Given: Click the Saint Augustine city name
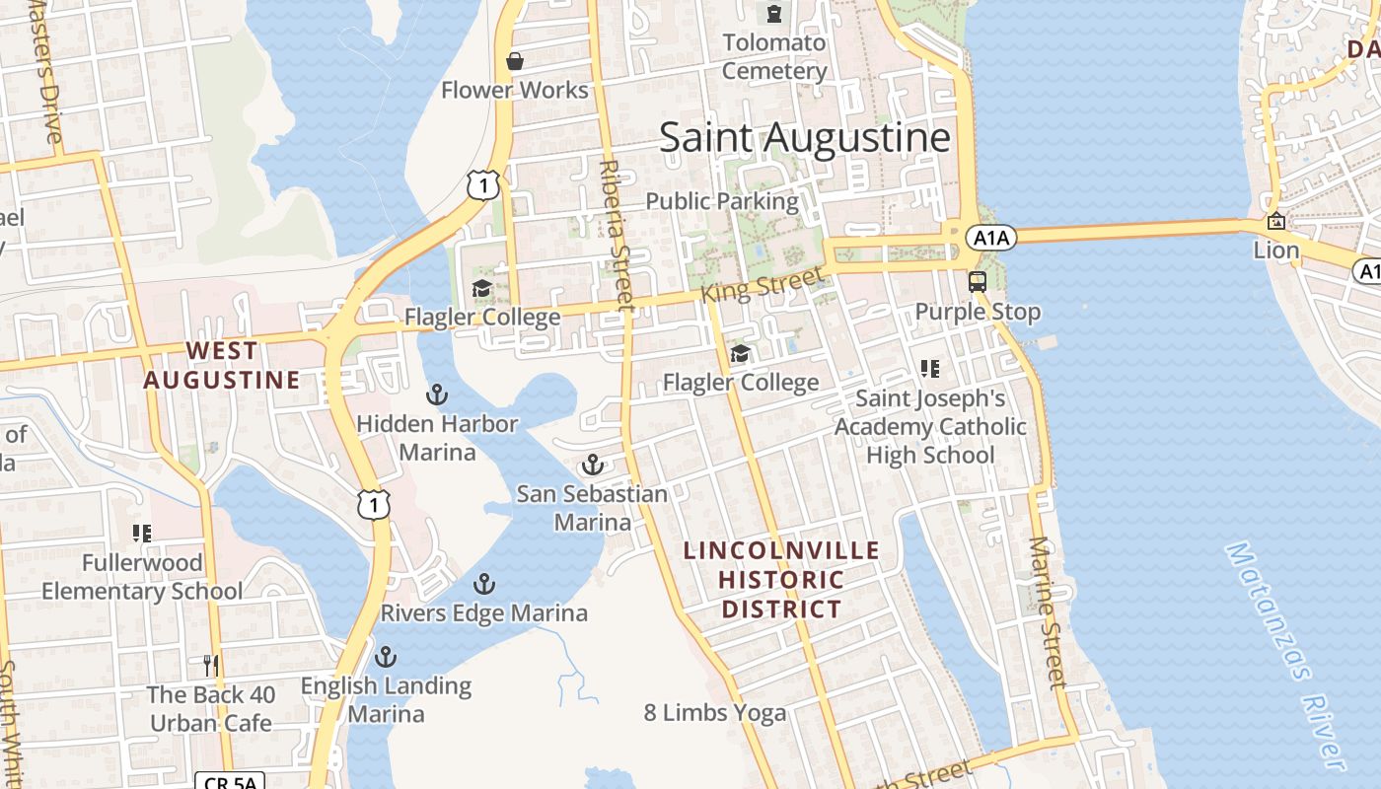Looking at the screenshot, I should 804,137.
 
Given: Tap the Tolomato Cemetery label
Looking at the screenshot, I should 774,57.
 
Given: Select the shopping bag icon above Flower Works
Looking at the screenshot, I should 514,61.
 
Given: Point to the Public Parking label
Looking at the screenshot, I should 722,201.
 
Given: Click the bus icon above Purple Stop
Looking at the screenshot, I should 977,281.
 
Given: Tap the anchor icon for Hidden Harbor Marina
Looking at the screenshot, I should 436,395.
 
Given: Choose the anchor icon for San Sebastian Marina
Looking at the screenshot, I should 592,465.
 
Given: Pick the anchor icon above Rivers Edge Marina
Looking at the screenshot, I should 483,584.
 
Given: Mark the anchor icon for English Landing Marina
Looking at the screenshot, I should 386,656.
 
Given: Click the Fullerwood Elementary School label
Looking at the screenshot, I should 142,577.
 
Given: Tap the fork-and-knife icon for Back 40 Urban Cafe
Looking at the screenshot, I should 210,665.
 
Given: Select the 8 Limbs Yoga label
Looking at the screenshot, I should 715,712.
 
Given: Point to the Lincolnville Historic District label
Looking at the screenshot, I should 781,580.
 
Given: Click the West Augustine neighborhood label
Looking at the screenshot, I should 222,365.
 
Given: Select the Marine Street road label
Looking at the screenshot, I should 1047,611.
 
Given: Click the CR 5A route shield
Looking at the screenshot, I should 230,782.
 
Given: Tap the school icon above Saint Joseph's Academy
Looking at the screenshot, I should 929,369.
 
